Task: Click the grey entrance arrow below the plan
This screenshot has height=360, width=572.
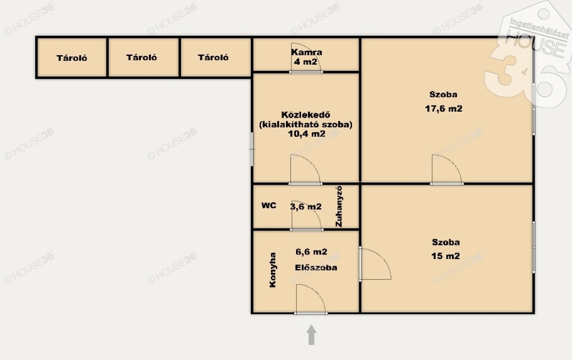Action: (x=311, y=334)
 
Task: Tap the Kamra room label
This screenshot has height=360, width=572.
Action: (x=307, y=52)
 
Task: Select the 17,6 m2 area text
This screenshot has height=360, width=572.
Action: (x=444, y=109)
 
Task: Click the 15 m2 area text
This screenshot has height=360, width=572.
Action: (x=445, y=256)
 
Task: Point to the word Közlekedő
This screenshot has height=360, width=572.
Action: (x=306, y=115)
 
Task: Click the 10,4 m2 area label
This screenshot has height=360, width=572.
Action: (x=307, y=134)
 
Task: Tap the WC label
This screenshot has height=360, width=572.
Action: (x=269, y=205)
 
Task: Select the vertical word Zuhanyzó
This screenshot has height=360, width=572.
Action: (x=339, y=207)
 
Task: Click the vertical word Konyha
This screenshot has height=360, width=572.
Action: (x=273, y=270)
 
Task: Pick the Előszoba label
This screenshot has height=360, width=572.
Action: (x=316, y=267)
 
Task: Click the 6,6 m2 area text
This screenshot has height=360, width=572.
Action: (x=311, y=252)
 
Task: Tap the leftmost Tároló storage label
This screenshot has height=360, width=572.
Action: (x=72, y=58)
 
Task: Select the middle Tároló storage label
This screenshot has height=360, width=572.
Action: (x=141, y=57)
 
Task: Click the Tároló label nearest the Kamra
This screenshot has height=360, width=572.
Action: (x=213, y=57)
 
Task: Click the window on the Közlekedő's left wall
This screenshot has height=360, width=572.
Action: (x=252, y=149)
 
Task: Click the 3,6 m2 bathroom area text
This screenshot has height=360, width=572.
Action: (x=306, y=207)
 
